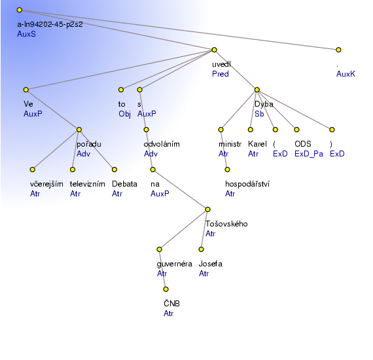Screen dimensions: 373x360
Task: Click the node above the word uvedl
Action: (214, 50)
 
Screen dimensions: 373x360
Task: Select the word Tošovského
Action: (226, 224)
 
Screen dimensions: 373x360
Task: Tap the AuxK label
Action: (346, 74)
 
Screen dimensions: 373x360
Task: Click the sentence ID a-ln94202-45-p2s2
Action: (50, 24)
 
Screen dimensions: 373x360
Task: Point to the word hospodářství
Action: (247, 184)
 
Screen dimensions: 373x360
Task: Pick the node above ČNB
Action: (166, 289)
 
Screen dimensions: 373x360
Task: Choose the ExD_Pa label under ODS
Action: (309, 154)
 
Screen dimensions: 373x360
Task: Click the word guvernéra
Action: (174, 264)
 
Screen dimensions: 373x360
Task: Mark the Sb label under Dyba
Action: (259, 114)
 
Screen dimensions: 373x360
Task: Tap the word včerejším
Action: (46, 184)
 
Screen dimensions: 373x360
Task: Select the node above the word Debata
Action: (115, 170)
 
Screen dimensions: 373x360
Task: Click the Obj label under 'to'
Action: (124, 114)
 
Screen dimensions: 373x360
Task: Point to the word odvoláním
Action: (162, 144)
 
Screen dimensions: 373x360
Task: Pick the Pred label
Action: (221, 74)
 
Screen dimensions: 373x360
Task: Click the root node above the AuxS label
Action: (20, 10)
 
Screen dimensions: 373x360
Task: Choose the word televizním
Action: (87, 184)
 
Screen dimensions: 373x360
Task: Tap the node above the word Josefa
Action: (202, 249)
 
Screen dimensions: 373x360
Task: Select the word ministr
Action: (230, 144)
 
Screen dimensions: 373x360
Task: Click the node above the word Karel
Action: (251, 130)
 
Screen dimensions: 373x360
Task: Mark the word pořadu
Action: (89, 144)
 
